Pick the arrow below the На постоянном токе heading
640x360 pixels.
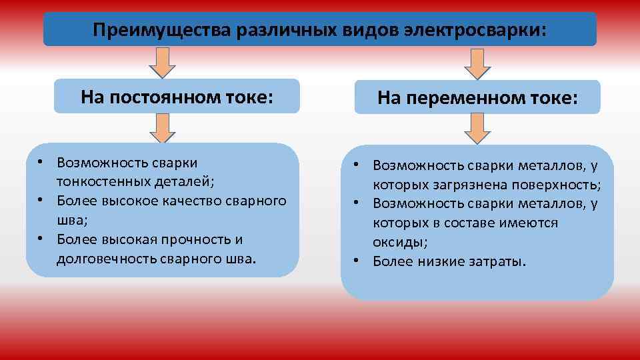pyautogui.click(x=162, y=128)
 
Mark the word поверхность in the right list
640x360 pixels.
pyautogui.click(x=561, y=184)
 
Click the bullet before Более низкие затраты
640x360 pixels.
pyautogui.click(x=357, y=261)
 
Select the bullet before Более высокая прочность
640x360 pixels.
pyautogui.click(x=41, y=239)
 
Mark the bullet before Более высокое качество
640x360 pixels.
pyautogui.click(x=41, y=201)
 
